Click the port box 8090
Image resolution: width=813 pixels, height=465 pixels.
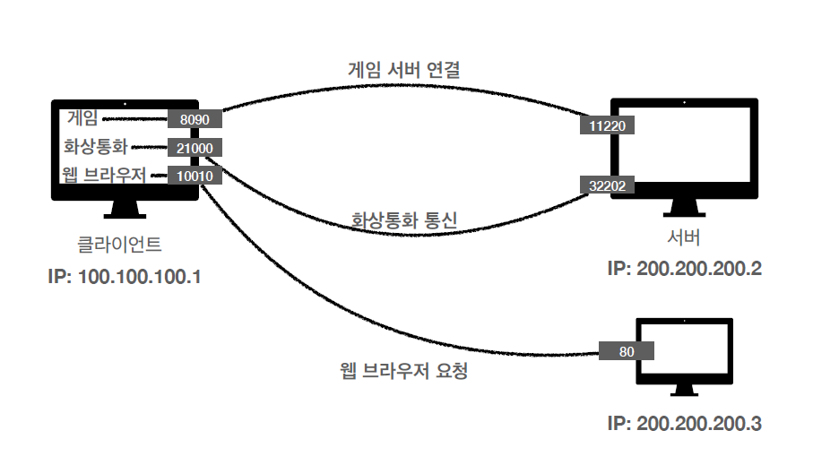(194, 118)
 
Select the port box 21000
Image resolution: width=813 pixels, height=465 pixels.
(194, 148)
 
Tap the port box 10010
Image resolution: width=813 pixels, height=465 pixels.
(194, 176)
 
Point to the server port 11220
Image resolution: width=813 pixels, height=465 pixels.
(607, 127)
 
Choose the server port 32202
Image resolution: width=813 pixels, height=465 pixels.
(607, 185)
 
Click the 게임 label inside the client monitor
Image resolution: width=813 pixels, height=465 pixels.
(83, 117)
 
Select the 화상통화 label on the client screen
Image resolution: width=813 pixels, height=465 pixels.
(96, 146)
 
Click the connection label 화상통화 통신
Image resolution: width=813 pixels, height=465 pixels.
(405, 219)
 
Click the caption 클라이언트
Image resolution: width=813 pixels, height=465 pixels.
(120, 244)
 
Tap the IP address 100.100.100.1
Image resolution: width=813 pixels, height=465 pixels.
(125, 276)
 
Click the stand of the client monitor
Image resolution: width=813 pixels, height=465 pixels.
(125, 211)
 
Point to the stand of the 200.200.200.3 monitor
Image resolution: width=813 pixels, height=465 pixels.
(684, 391)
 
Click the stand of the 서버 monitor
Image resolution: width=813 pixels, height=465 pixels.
(684, 208)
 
